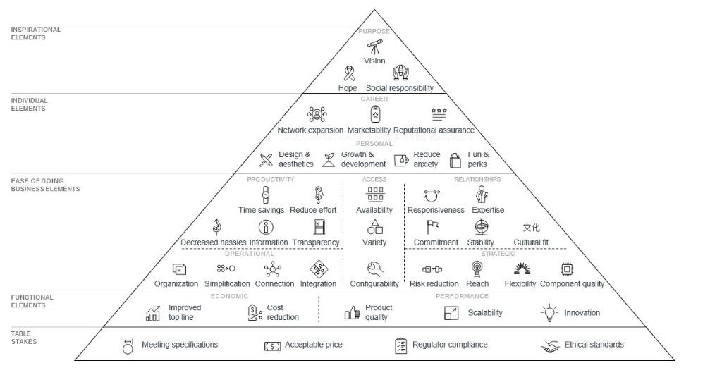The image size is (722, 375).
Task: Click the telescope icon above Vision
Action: tap(374, 47)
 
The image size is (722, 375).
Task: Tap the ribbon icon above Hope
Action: tap(348, 73)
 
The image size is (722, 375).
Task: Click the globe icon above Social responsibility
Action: tap(400, 73)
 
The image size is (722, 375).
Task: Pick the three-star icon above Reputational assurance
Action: tap(439, 113)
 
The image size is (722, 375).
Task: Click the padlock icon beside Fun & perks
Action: tap(455, 159)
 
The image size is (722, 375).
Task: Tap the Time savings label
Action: tap(262, 210)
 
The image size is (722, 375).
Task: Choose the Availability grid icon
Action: tap(374, 195)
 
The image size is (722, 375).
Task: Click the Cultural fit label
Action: tap(531, 242)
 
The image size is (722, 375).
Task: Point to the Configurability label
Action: tap(374, 284)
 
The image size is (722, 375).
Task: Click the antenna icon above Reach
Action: tap(477, 269)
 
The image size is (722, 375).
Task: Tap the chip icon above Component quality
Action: tap(566, 269)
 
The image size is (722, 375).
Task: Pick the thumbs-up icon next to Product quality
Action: tap(353, 313)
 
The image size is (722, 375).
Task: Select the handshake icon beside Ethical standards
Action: tap(550, 345)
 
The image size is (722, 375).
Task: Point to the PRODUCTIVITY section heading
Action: tap(271, 180)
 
